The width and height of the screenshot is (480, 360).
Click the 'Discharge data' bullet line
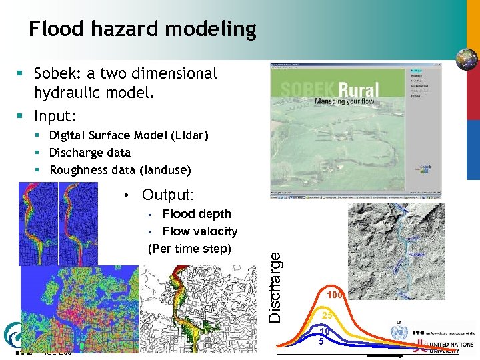[x=90, y=153]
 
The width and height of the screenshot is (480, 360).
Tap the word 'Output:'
[x=167, y=195]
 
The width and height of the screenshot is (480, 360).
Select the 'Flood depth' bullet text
[x=197, y=214]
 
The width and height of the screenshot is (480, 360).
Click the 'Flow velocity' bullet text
[x=200, y=231]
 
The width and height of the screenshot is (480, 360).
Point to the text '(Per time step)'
[x=189, y=249]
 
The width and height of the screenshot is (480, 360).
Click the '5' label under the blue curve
[x=321, y=342]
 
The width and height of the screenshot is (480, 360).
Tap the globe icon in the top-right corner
[x=467, y=59]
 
